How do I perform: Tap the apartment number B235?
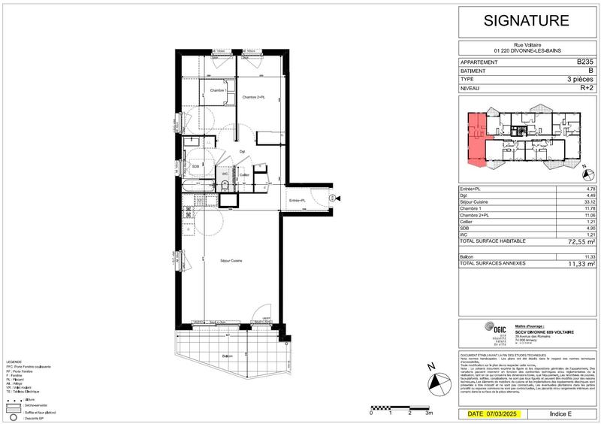coord(584,62)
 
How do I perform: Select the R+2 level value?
coord(586,88)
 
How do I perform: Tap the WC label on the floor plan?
coord(225,174)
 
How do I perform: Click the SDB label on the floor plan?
coord(195,166)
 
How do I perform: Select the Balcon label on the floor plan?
coord(227,356)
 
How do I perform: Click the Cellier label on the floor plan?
coord(244,174)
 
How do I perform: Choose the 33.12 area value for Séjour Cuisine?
coord(587,201)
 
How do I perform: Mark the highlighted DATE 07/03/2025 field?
coord(493,414)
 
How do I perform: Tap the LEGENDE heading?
coord(17,361)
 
